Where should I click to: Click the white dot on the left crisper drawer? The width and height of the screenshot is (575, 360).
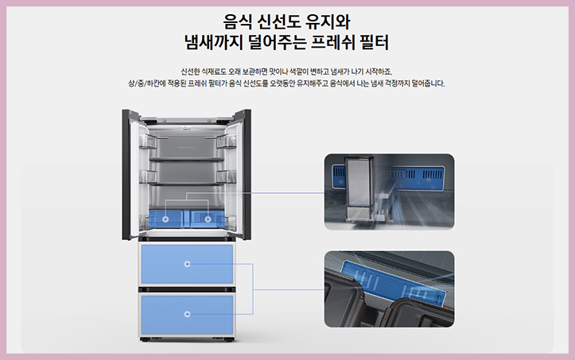[x=166, y=216]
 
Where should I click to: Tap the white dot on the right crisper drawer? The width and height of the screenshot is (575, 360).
[x=208, y=216]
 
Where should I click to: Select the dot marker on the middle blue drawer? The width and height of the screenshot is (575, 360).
[x=187, y=264]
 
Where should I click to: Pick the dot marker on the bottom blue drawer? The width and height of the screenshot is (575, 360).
[x=187, y=314]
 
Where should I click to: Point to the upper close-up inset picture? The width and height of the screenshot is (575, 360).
[x=388, y=192]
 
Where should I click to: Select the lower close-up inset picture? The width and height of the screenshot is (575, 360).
[x=388, y=289]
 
